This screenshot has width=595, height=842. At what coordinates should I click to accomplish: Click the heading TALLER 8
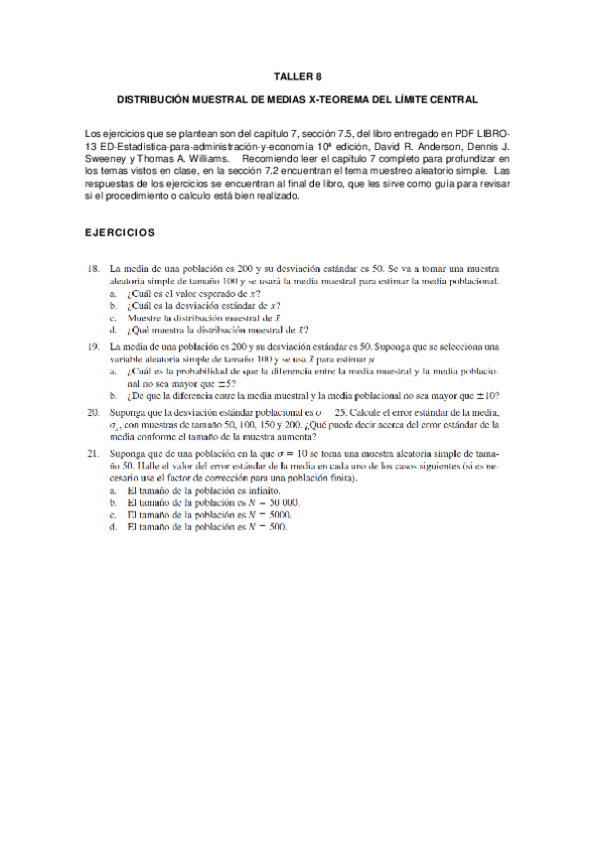click(x=298, y=76)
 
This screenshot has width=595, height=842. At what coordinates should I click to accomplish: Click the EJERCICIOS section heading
click(x=120, y=232)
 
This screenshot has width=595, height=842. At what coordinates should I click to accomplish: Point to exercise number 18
click(x=92, y=269)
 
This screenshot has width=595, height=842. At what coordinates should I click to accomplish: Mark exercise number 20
click(x=92, y=411)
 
